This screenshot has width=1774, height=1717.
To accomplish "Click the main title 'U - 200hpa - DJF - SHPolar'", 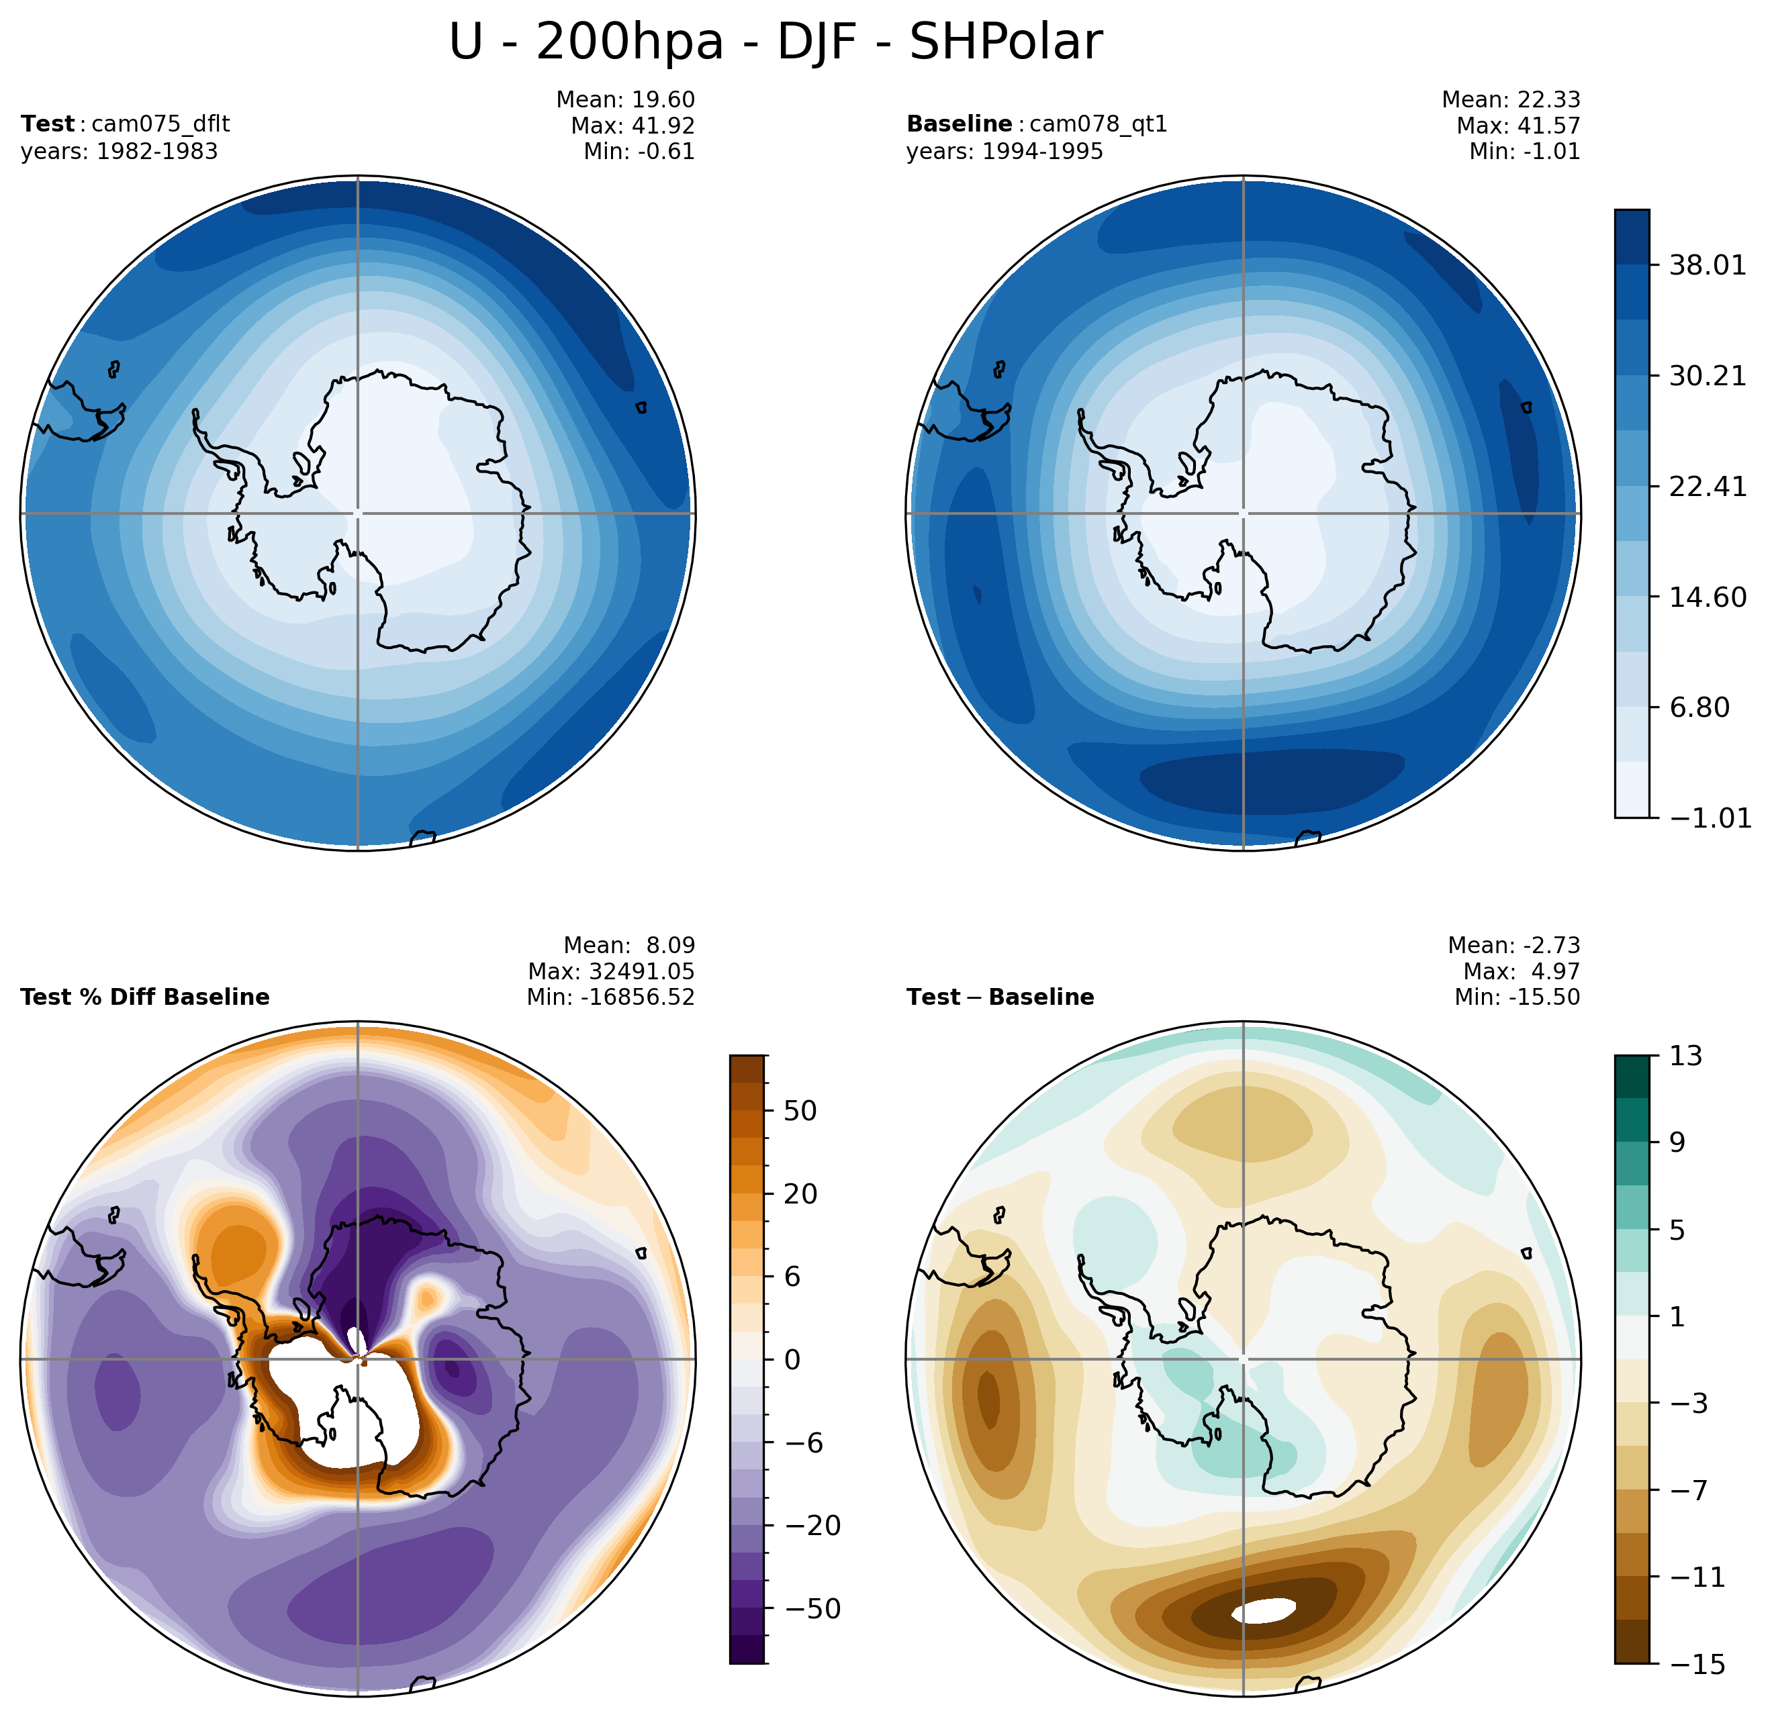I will click(x=775, y=42).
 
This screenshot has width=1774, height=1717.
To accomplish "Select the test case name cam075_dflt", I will click(x=160, y=124).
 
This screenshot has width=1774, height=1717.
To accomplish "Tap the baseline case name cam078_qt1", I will click(x=1098, y=124).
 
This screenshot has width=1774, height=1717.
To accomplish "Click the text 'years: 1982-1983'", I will click(x=119, y=151).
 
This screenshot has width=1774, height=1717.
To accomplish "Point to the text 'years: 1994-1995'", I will click(x=1005, y=151).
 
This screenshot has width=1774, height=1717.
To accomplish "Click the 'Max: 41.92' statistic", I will click(x=632, y=125).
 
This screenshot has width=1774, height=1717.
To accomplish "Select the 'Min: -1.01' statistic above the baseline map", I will click(x=1524, y=151).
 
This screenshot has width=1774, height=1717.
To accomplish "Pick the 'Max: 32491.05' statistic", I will click(x=611, y=971).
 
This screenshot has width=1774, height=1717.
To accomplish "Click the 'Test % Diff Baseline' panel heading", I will click(x=145, y=997).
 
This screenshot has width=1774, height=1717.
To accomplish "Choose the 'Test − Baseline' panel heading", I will click(x=1000, y=997).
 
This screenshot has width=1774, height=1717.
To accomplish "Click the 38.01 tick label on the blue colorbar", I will click(x=1708, y=266).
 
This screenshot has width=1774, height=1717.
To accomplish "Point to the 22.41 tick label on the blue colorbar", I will click(x=1708, y=487).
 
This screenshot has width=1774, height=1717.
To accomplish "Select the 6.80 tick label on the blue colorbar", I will click(x=1699, y=707).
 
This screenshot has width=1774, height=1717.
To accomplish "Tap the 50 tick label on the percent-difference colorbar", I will click(x=800, y=1111).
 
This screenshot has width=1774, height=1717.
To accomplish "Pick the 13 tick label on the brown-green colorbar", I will click(x=1686, y=1056).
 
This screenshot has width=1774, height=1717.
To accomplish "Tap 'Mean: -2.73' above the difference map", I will click(x=1513, y=945).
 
